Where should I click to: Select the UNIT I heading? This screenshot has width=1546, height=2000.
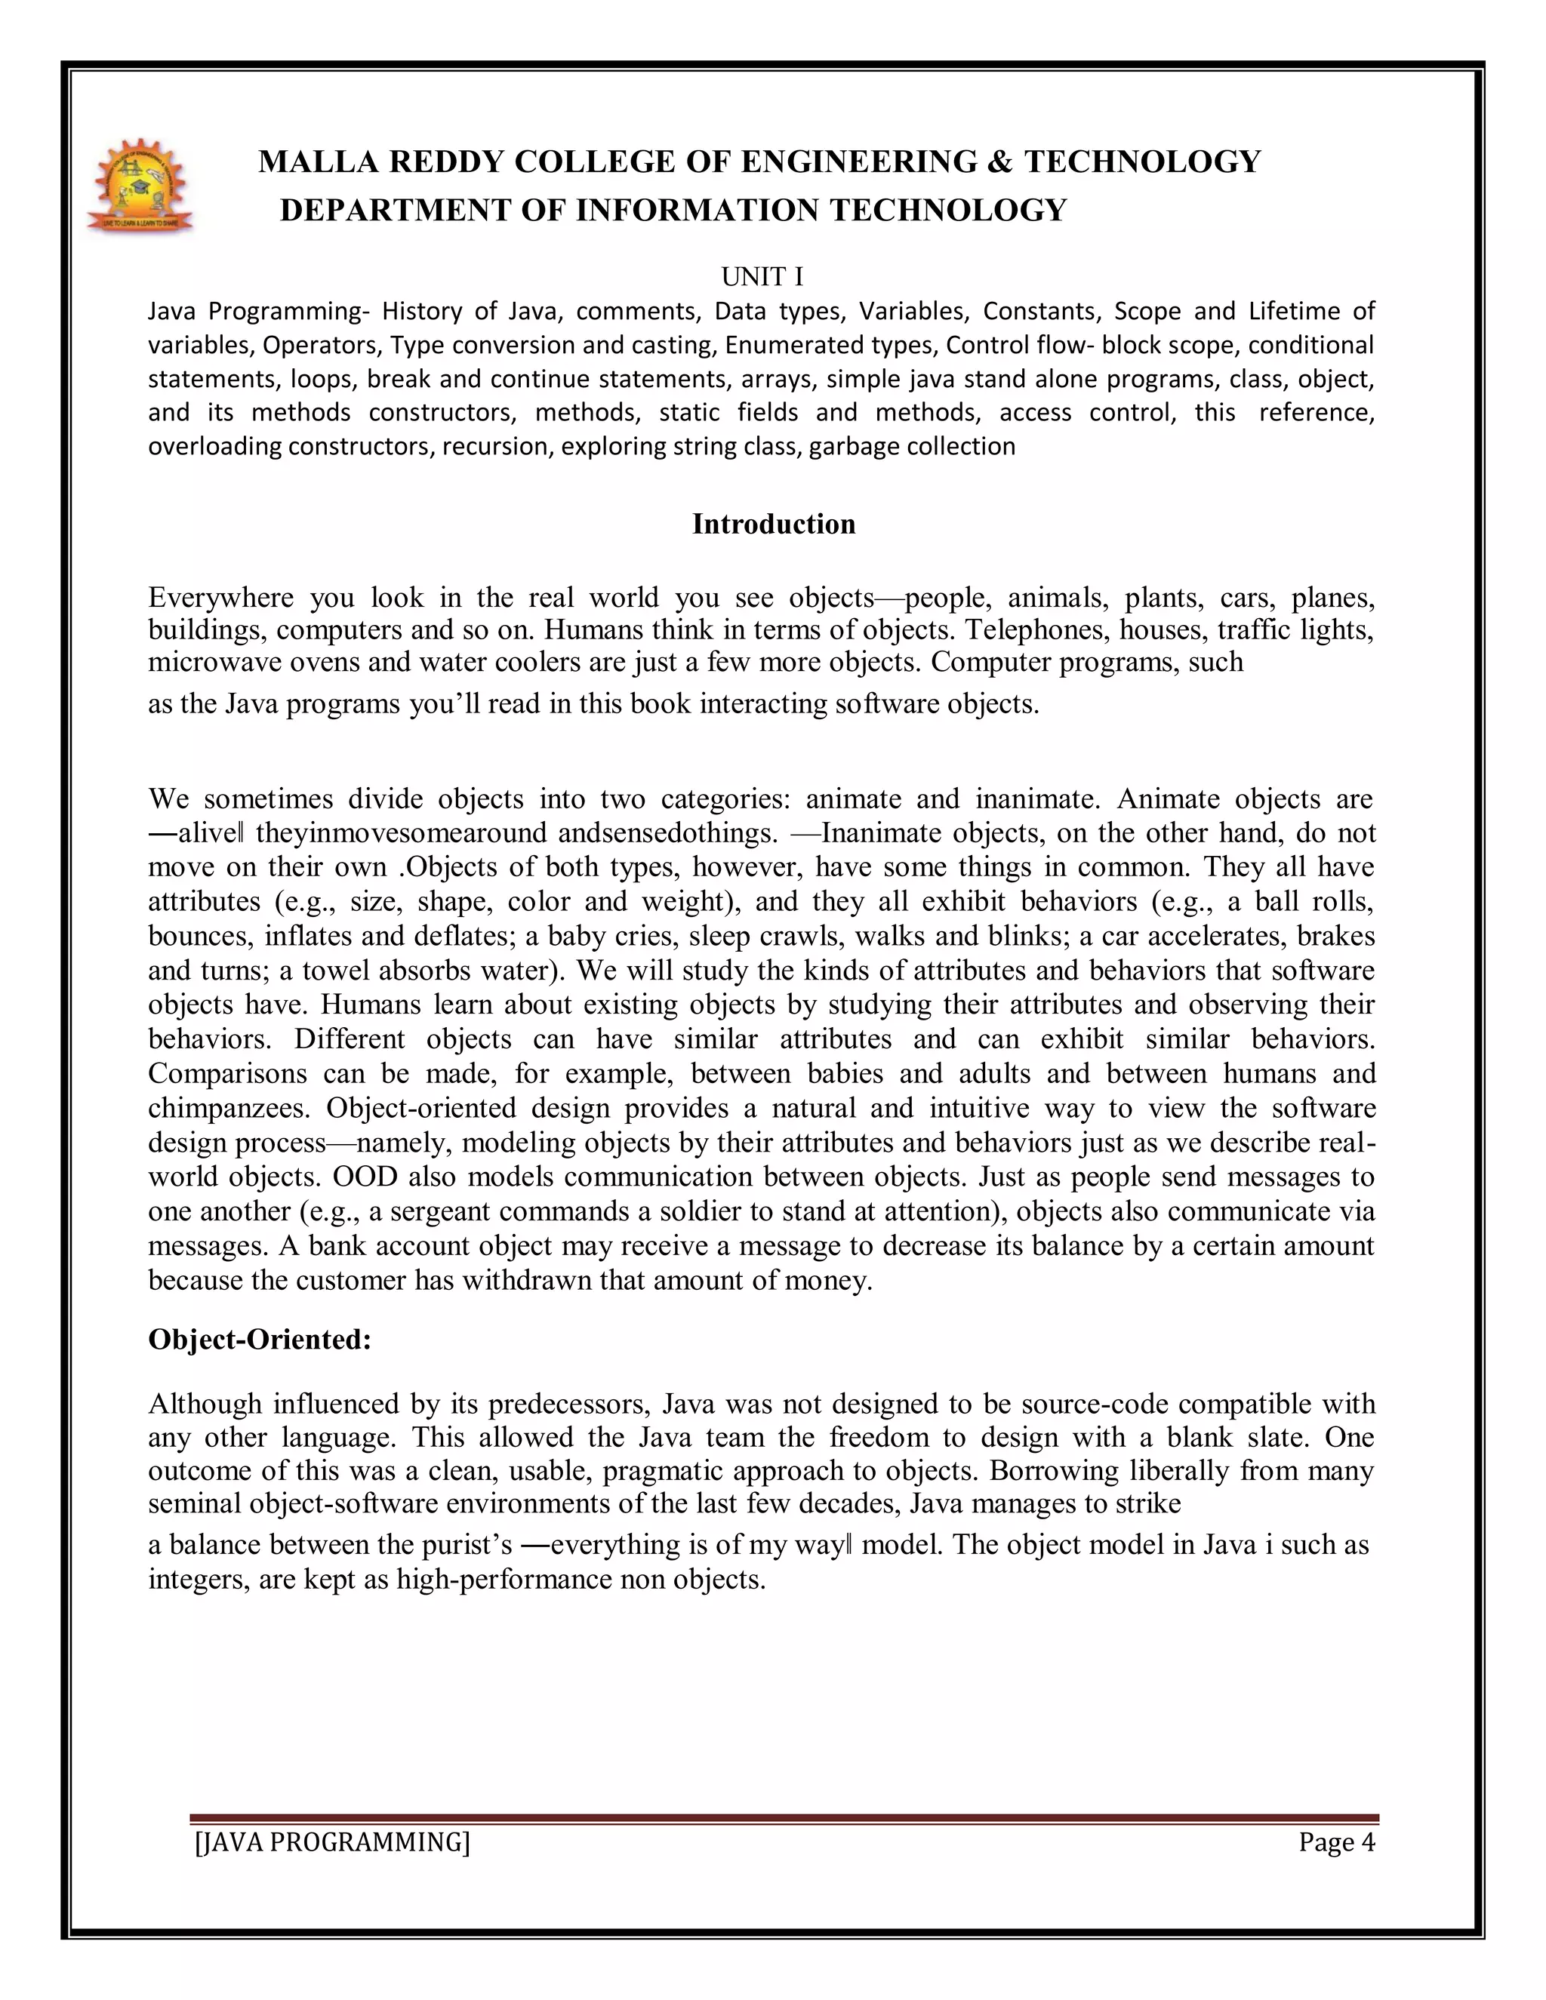[762, 276]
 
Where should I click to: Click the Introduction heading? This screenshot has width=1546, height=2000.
[773, 524]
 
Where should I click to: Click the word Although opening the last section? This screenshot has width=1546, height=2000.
[206, 1404]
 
